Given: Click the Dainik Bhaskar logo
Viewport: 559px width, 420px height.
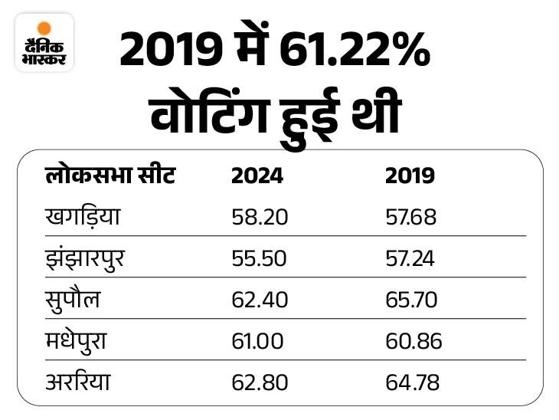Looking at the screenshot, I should pyautogui.click(x=44, y=42).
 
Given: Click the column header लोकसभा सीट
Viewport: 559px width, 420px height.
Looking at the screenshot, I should pyautogui.click(x=110, y=176).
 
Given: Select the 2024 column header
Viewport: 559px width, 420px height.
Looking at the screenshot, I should pyautogui.click(x=257, y=176).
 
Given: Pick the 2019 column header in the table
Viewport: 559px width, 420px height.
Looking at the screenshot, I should pyautogui.click(x=410, y=176).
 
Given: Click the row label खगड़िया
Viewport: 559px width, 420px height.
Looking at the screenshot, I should pyautogui.click(x=83, y=218).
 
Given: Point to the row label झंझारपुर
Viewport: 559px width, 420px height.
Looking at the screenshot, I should pyautogui.click(x=84, y=259).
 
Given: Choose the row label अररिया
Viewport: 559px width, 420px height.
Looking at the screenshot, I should pyautogui.click(x=77, y=382).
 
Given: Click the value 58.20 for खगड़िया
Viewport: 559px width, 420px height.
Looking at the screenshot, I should pyautogui.click(x=260, y=218).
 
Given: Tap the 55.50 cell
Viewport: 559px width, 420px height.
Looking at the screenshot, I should pyautogui.click(x=259, y=259).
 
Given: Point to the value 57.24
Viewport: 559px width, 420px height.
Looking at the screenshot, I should pyautogui.click(x=410, y=259).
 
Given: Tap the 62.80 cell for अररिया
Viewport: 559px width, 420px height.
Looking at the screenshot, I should pyautogui.click(x=260, y=382).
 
